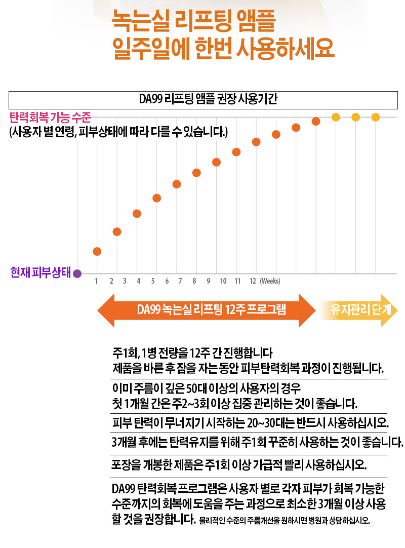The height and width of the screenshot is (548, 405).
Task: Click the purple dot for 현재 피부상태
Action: (x=77, y=273)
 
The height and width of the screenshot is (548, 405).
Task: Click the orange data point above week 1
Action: (x=97, y=251)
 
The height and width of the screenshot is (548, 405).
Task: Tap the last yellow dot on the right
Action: (x=375, y=117)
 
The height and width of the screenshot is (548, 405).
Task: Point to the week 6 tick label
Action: (x=167, y=281)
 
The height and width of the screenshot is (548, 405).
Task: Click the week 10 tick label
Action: (x=222, y=281)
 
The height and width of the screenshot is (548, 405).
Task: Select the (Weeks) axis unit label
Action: (x=270, y=281)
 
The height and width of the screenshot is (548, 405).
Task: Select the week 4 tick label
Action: (x=138, y=281)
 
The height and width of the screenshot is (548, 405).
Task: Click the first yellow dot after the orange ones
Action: (x=336, y=117)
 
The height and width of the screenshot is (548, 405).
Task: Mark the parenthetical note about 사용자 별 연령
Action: (x=119, y=133)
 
